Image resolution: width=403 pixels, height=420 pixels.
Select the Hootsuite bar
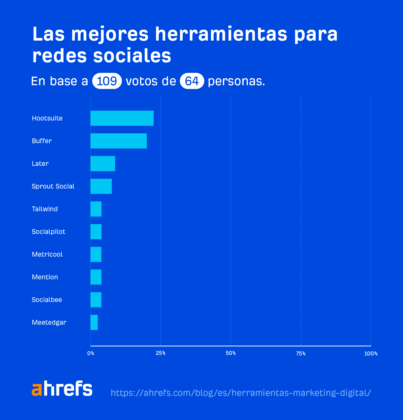pyautogui.click(x=122, y=118)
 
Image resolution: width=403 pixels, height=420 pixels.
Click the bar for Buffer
pyautogui.click(x=118, y=141)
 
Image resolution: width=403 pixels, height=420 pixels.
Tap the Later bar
pyautogui.click(x=103, y=164)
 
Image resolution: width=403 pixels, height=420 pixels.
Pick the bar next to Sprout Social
pyautogui.click(x=101, y=186)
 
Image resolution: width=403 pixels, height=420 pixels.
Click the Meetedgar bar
pyautogui.click(x=94, y=322)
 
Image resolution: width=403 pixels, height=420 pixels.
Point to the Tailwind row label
pyautogui.click(x=45, y=209)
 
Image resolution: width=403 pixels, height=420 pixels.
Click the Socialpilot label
pyautogui.click(x=48, y=232)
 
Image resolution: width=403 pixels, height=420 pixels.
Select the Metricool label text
pyautogui.click(x=47, y=254)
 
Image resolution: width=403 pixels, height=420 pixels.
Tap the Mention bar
pyautogui.click(x=96, y=277)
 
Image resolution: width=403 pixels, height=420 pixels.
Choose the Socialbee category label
pyautogui.click(x=47, y=300)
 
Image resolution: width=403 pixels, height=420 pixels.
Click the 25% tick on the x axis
pyautogui.click(x=160, y=353)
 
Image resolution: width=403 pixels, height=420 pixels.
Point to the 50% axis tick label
pyautogui.click(x=230, y=353)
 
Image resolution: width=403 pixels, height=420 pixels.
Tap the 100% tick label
pyautogui.click(x=371, y=354)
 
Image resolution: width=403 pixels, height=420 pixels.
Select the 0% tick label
pyautogui.click(x=91, y=353)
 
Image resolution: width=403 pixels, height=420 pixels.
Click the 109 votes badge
pyautogui.click(x=107, y=81)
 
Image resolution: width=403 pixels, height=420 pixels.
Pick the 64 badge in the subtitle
pyautogui.click(x=192, y=81)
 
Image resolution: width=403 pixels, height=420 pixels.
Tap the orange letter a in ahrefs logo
pyautogui.click(x=37, y=389)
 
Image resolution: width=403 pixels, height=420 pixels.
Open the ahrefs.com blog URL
pyautogui.click(x=241, y=393)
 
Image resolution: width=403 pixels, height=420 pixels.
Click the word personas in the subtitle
pyautogui.click(x=236, y=81)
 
